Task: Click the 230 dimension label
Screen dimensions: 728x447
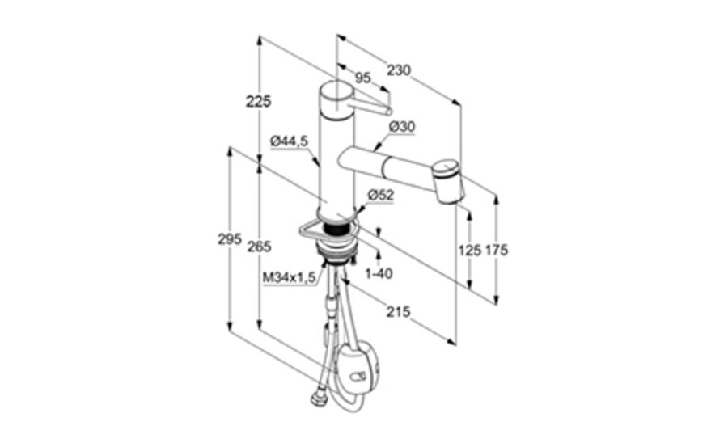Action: point(399,70)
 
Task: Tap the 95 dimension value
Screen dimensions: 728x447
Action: point(362,78)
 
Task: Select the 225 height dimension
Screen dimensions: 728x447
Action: point(258,101)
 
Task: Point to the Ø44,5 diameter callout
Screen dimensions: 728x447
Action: point(290,141)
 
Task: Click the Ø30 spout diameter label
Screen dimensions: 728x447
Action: point(402,127)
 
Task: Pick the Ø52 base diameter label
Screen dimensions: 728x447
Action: point(381,196)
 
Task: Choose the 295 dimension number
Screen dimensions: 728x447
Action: point(230,239)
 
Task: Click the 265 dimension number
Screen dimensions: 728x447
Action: point(259,247)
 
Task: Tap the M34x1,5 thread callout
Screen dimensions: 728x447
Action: point(289,277)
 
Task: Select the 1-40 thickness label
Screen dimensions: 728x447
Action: point(379,274)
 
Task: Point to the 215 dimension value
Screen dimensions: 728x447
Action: point(399,311)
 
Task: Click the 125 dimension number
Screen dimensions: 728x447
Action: point(470,251)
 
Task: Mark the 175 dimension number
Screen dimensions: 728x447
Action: point(497,251)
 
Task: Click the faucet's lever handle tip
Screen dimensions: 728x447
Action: point(389,111)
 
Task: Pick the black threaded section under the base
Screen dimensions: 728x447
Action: point(336,230)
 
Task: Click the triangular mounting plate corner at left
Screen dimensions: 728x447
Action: point(302,229)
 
